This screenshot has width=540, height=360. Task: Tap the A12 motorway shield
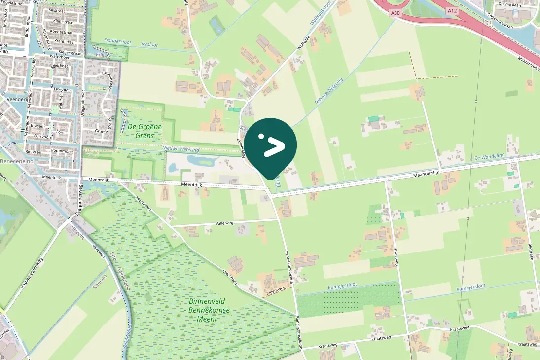pyautogui.click(x=451, y=10)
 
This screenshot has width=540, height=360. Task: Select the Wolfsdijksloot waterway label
pyautogui.click(x=322, y=21)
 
